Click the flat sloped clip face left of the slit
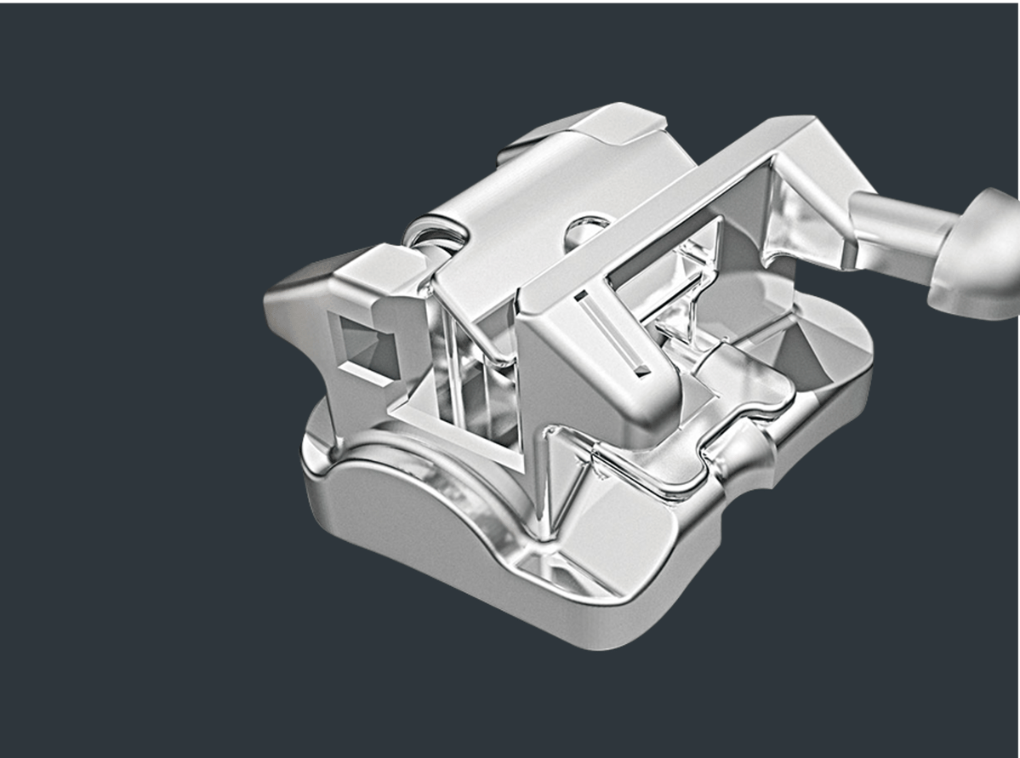pos(561,357)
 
